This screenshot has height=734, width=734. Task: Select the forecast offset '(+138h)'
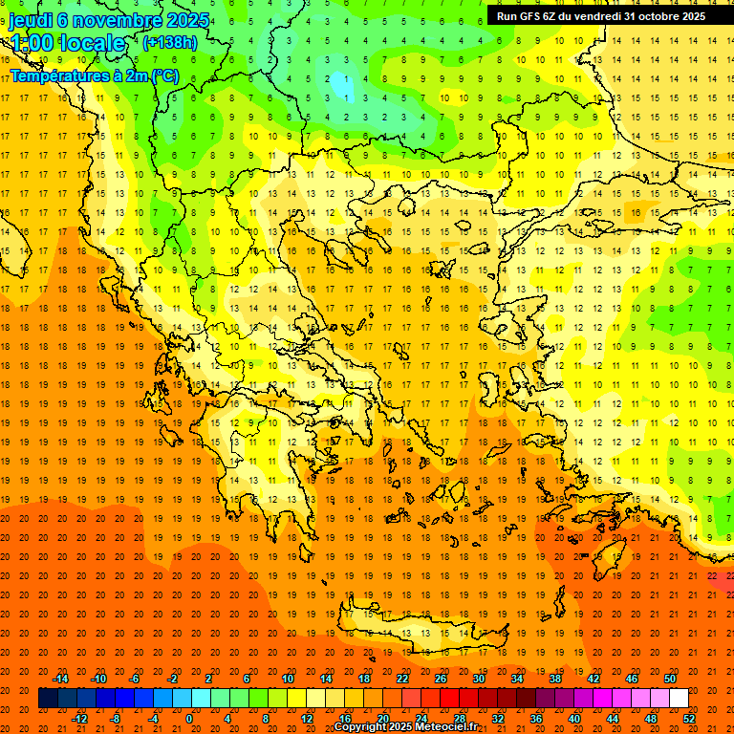[x=169, y=43]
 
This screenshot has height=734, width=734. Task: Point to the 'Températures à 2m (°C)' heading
[x=94, y=76]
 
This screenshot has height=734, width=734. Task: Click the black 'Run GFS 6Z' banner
[x=601, y=16]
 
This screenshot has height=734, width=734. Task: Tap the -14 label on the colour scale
[x=61, y=679]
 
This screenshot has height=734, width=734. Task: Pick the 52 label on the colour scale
[x=689, y=719]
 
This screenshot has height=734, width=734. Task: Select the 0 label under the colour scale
[x=189, y=719]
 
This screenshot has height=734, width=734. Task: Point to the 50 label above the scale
[x=670, y=679]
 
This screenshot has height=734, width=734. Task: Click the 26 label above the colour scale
[x=441, y=679]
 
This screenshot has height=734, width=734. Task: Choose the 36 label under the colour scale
[x=536, y=719]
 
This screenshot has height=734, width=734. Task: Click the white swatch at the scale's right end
[x=679, y=699]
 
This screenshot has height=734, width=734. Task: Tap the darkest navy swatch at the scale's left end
[x=48, y=699]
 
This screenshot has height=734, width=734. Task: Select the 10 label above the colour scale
[x=288, y=679]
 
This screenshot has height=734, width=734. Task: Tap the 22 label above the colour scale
[x=402, y=679]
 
